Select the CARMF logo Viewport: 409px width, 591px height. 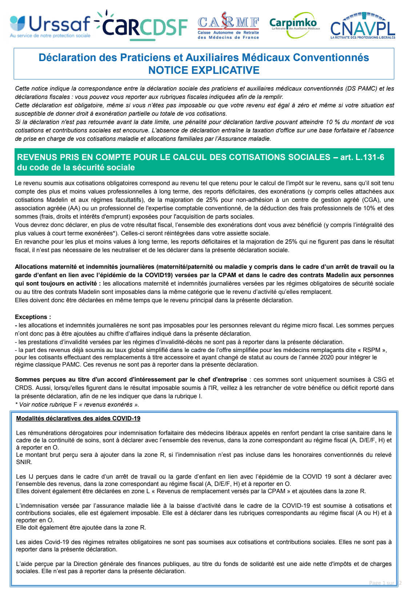point(228,27)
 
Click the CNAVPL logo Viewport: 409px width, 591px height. point(362,26)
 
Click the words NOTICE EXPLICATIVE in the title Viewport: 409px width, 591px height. point(204,70)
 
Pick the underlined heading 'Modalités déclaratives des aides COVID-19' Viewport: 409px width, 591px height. point(78,418)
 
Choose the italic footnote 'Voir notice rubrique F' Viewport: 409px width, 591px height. point(46,404)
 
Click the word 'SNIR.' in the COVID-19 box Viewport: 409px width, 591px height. point(24,462)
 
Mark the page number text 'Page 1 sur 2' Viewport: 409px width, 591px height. point(385,583)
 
